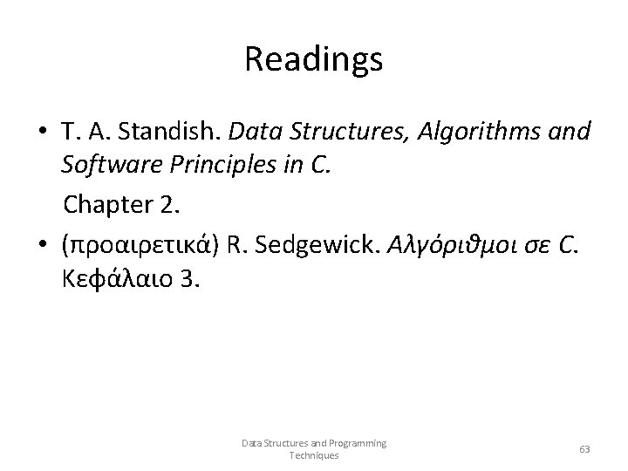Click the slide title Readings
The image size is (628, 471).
coord(314,60)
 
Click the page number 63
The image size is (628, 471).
coord(584,449)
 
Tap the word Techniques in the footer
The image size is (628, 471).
coord(314,455)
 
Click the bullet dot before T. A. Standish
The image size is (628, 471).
coord(43,133)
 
